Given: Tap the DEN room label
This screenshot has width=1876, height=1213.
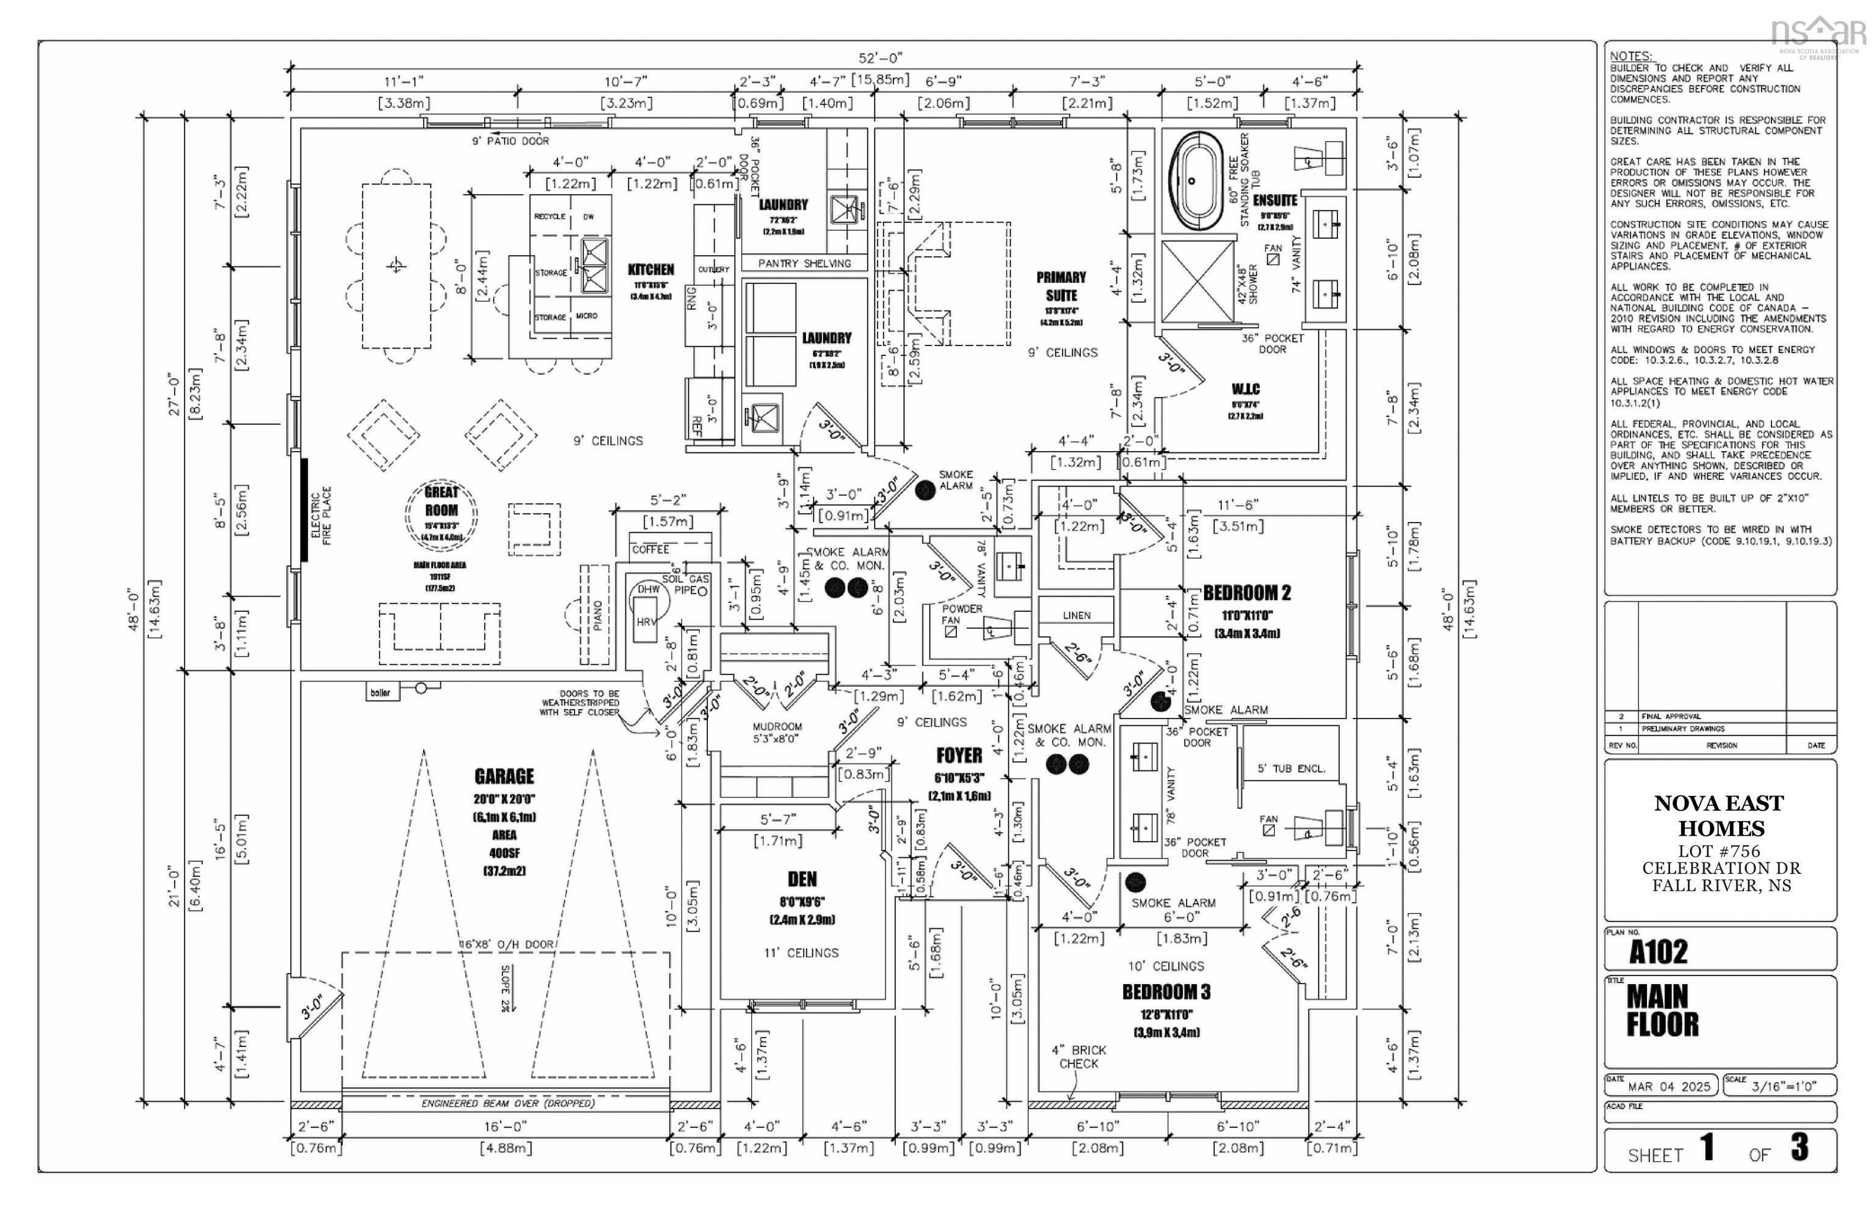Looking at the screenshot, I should point(802,879).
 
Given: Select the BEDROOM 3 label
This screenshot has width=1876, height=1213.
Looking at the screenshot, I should point(1166,991).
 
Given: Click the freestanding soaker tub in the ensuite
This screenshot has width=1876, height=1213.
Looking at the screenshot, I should point(1198,180).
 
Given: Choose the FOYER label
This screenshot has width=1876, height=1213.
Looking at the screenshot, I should point(959,755).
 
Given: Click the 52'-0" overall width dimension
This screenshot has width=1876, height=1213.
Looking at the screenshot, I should point(880,58).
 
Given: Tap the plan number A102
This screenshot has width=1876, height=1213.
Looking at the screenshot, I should point(1659,952).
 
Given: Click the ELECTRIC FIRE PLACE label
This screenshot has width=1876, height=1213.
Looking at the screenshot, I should point(321,516).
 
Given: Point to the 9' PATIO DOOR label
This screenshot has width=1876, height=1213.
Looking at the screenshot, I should point(510,141).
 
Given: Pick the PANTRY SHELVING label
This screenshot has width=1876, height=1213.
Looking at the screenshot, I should point(804,264).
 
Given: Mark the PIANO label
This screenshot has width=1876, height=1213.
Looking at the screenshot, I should point(597,615).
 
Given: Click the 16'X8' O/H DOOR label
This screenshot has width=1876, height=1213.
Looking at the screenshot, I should point(507,944).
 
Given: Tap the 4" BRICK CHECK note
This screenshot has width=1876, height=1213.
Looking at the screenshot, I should point(1078,1056).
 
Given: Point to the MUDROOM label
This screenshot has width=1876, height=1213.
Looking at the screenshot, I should point(777,727).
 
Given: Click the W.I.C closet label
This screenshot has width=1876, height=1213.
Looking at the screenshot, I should point(1246,389).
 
